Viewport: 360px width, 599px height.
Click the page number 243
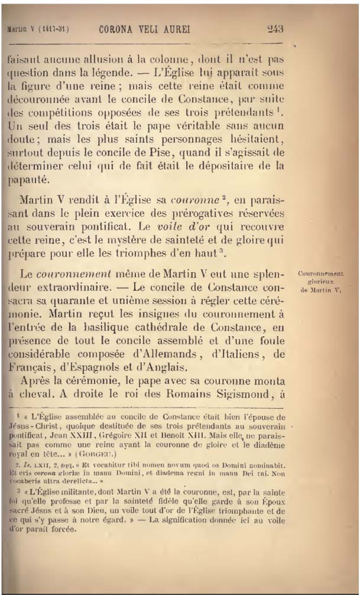(x=275, y=28)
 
